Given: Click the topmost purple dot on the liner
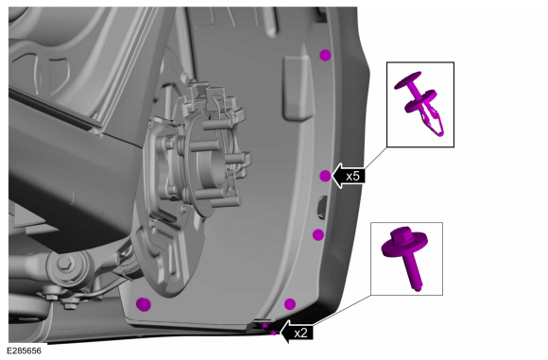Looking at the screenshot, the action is pyautogui.click(x=325, y=55).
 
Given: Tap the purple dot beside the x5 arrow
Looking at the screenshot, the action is pyautogui.click(x=325, y=176).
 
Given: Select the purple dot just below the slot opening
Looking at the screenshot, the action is pyautogui.click(x=318, y=235).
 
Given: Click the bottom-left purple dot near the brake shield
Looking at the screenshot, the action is pyautogui.click(x=144, y=304).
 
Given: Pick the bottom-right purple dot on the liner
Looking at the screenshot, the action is pyautogui.click(x=290, y=304).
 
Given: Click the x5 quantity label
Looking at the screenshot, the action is pyautogui.click(x=352, y=176).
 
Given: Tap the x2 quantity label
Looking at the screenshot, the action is pyautogui.click(x=300, y=334).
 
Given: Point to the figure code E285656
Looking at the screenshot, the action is pyautogui.click(x=25, y=351).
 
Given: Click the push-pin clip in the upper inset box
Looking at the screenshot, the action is pyautogui.click(x=421, y=103).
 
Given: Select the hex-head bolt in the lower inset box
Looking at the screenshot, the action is pyautogui.click(x=406, y=257).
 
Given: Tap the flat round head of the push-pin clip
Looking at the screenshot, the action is pyautogui.click(x=407, y=80).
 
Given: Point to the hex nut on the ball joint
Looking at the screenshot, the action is pyautogui.click(x=65, y=262).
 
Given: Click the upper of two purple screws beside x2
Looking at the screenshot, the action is pyautogui.click(x=265, y=325).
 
